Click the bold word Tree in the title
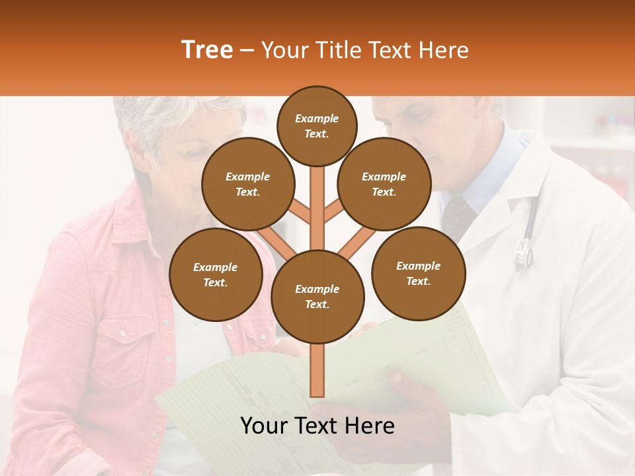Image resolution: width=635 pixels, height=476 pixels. pos(207,50)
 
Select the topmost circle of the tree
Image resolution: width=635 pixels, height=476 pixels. pos(317,126)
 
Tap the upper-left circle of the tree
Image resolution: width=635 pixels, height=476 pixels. pos(247,184)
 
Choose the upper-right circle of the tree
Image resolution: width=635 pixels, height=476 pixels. pos(384,184)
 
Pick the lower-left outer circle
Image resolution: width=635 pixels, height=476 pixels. pos(216,274)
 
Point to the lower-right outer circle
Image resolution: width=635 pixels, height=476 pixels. pos(418,273)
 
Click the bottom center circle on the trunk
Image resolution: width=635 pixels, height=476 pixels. pos(317,296)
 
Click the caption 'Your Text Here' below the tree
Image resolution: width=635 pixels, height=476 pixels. pos(317,426)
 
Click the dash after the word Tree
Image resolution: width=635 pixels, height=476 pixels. pos(247,51)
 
